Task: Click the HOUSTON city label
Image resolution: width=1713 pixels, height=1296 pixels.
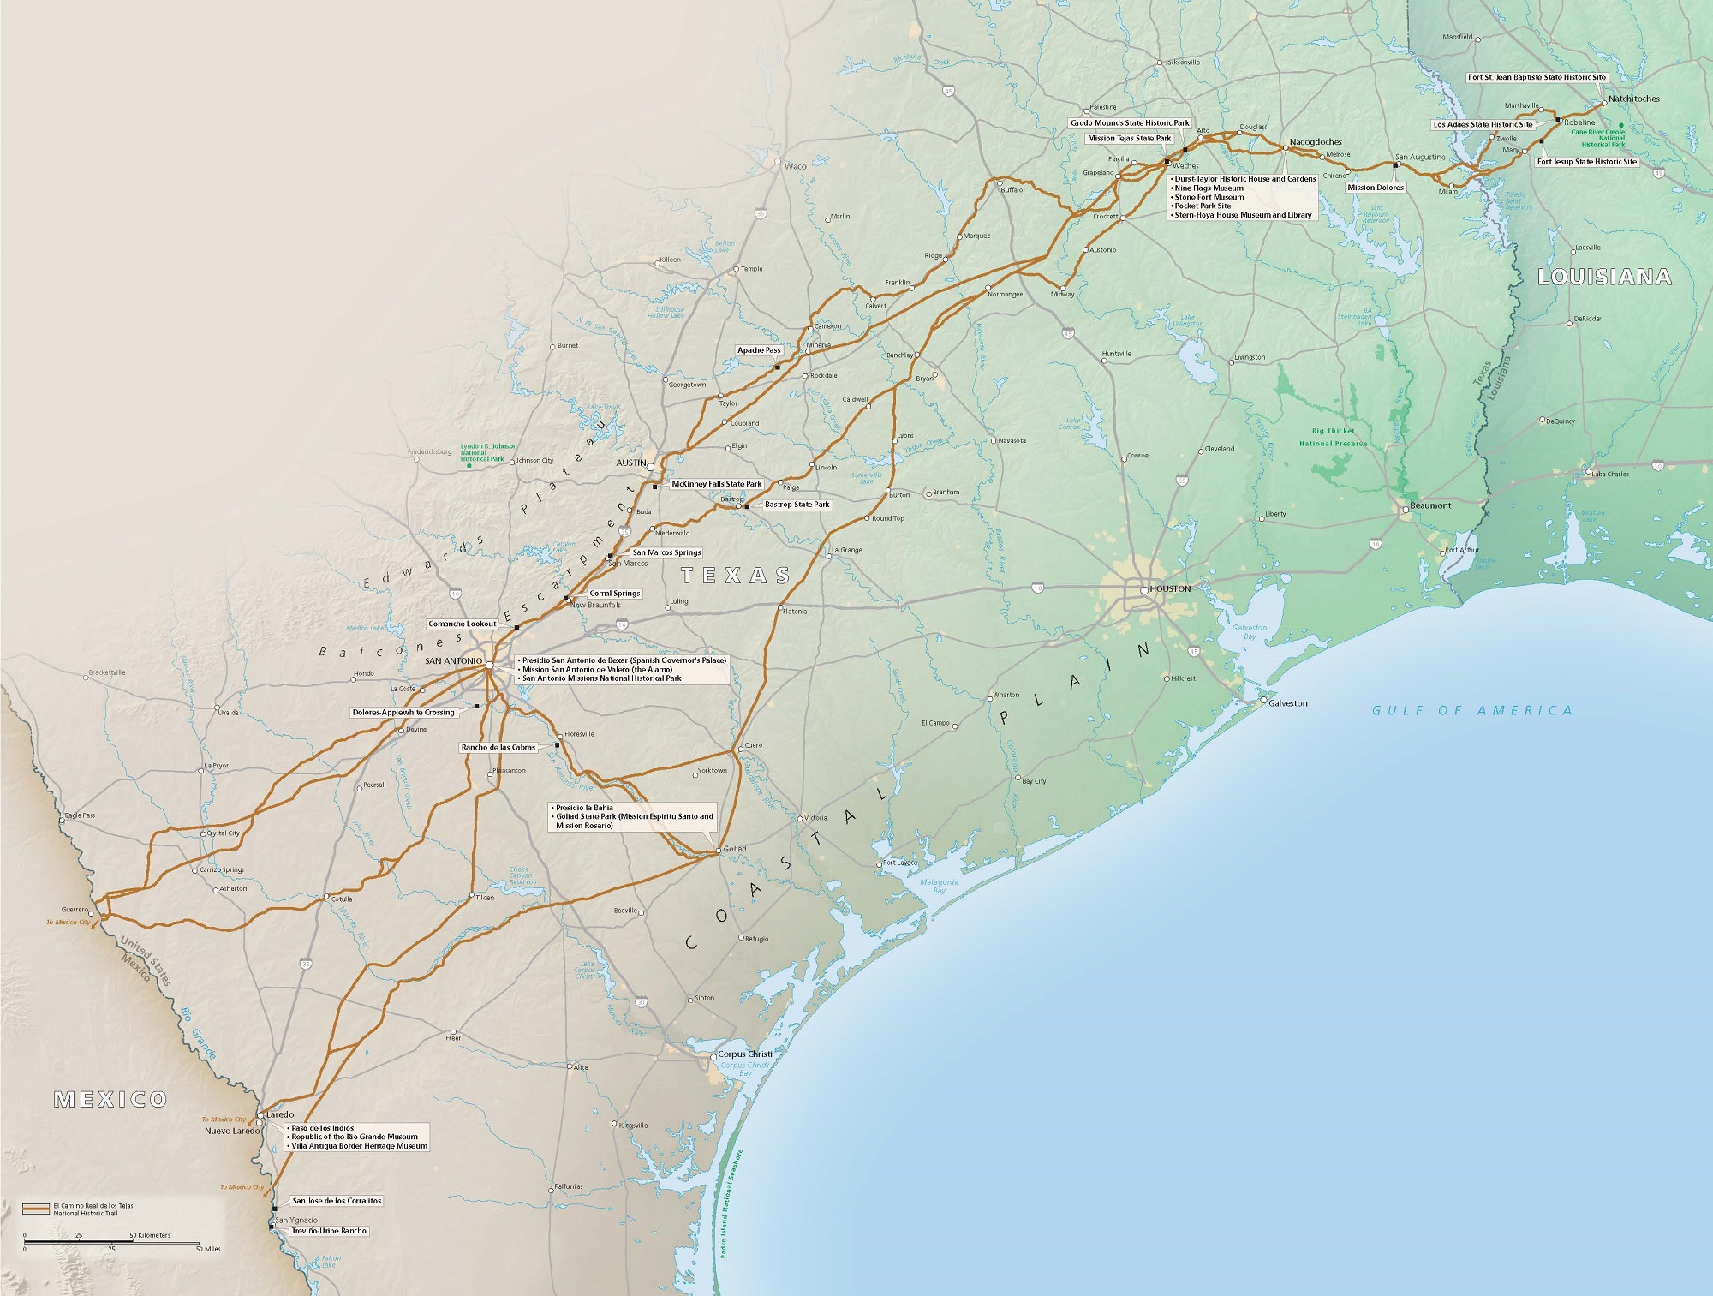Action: tap(1170, 589)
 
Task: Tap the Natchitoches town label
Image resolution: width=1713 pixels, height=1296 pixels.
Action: tap(1633, 99)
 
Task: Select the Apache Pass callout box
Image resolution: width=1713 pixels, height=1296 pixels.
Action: tap(759, 350)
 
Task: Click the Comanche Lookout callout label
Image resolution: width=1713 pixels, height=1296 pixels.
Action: tap(463, 624)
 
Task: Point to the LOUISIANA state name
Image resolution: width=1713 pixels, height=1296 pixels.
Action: tap(1604, 277)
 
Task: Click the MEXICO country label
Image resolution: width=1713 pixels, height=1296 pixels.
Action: tap(110, 1100)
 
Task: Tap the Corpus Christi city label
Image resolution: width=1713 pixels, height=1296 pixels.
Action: tap(744, 1054)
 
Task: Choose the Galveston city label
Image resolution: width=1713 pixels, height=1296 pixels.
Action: tap(1287, 703)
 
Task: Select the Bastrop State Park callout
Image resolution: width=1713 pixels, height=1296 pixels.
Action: tap(797, 505)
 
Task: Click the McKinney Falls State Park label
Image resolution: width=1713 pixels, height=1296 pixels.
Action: tap(716, 484)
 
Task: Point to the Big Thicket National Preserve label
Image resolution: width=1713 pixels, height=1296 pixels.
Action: tap(1333, 437)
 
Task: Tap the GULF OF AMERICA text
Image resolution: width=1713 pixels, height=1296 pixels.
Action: tap(1472, 710)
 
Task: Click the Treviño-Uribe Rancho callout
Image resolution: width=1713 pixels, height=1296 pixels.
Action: tap(329, 1231)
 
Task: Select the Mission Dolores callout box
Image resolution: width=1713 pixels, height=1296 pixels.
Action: tap(1376, 188)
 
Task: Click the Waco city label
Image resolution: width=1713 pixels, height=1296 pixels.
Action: tap(795, 166)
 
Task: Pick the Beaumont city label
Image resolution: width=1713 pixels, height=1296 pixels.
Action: tap(1430, 505)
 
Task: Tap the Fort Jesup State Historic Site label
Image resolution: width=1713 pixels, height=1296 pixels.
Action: tap(1586, 162)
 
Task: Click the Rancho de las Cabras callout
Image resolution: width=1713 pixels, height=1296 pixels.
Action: tap(498, 748)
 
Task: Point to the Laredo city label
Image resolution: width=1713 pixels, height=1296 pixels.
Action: tap(280, 1115)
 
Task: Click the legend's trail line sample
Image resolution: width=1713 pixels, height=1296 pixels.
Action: tap(36, 1209)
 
